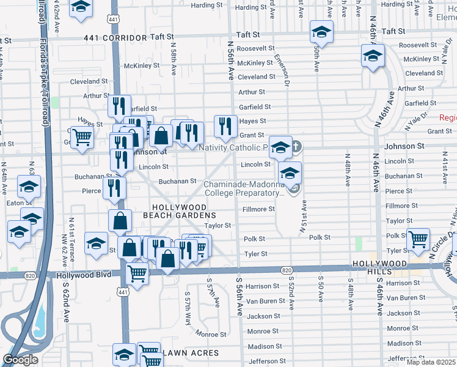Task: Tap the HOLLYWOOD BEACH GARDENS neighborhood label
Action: point(180,212)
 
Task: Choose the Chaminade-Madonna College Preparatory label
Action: point(244,188)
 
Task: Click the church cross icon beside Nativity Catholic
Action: point(296,146)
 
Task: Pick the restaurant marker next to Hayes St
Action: point(225,126)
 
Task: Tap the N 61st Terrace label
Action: point(72,235)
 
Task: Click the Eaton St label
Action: point(20,202)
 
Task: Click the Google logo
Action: point(20,359)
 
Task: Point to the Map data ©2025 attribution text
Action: point(431,362)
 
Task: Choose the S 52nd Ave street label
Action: point(291,294)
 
